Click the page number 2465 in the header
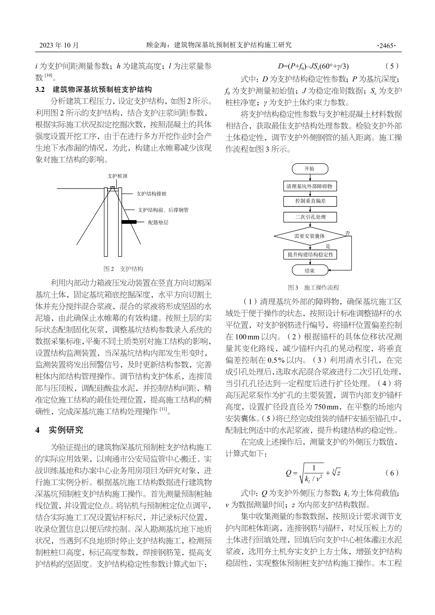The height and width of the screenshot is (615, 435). pos(386,45)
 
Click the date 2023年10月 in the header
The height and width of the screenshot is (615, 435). pos(59,45)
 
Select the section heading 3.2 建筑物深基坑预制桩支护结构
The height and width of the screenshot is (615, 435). pos(93,89)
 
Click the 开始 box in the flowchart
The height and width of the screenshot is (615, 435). pos(310,169)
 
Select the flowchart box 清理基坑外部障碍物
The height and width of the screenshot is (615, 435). pos(310,186)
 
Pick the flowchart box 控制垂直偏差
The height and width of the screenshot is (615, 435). pos(310,201)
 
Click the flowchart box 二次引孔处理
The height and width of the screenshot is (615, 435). pos(310,217)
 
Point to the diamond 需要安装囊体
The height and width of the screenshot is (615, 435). pos(310,236)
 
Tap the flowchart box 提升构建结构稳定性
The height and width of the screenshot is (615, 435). pos(310,254)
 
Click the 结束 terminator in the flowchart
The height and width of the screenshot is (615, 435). pos(310,270)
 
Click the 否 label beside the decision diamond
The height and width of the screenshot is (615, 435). pos(348,233)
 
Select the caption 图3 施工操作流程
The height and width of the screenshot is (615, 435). pos(314,287)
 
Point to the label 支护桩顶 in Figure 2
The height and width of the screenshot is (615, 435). pos(118,176)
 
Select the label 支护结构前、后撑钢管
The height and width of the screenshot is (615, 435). pos(163,210)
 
